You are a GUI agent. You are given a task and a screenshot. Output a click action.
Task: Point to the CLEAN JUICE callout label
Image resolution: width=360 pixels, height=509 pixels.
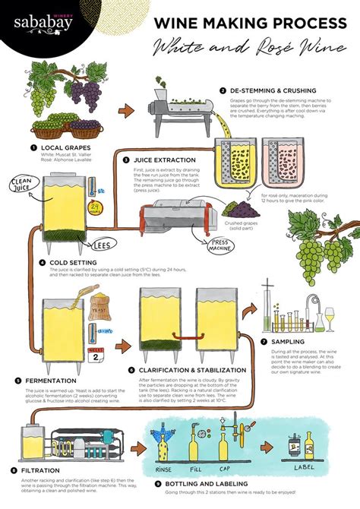pyautogui.click(x=21, y=185)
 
